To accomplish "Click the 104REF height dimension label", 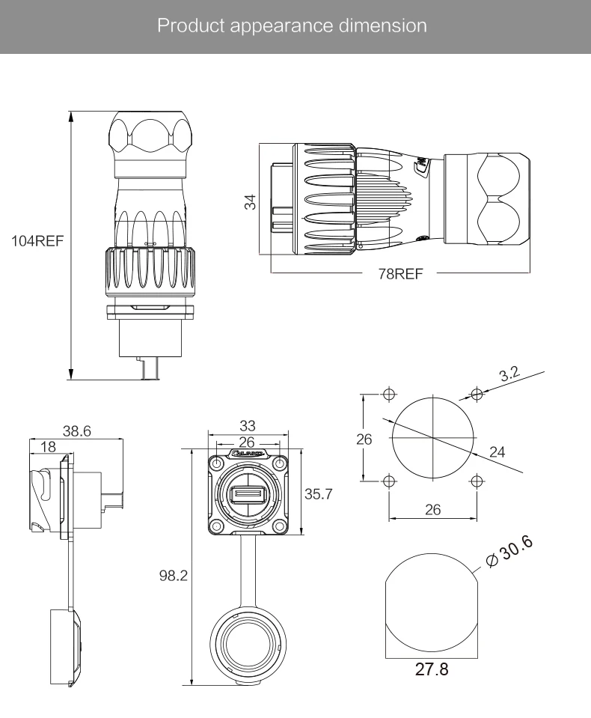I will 37,242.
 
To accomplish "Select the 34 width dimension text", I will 251,201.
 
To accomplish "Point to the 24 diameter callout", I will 497,451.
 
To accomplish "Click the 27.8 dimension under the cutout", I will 431,669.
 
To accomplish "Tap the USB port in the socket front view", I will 248,495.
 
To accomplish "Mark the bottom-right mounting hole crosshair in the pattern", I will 477,480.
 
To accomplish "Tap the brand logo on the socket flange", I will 248,454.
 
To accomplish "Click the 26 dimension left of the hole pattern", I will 364,439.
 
